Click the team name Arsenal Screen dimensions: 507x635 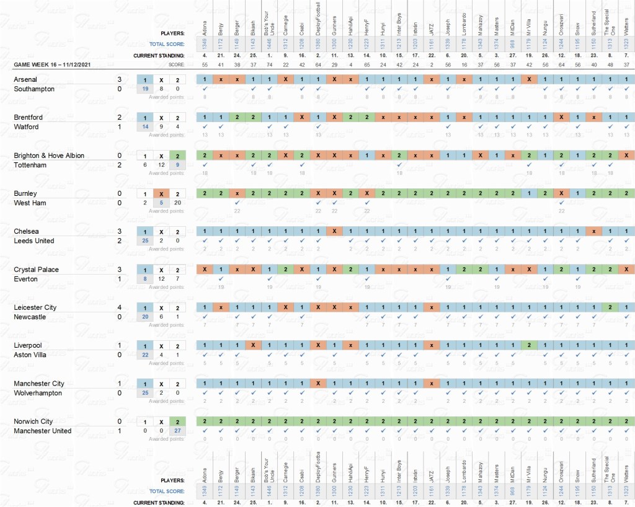point(25,79)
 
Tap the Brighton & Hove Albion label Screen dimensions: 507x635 point(49,156)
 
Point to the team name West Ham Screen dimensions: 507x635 point(30,203)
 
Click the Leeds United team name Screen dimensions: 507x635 point(34,240)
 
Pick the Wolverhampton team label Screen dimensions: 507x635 point(38,392)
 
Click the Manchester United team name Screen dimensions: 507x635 point(43,431)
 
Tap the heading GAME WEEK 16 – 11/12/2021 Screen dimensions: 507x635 point(55,64)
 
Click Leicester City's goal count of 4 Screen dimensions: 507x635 point(119,307)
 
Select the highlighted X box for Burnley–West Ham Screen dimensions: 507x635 point(161,193)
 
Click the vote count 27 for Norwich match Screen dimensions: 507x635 point(177,431)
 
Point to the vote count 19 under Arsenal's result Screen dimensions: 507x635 point(145,89)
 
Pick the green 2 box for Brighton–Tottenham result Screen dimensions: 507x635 point(177,156)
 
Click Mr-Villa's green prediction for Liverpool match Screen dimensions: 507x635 point(528,345)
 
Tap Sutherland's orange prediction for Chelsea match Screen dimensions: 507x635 point(593,231)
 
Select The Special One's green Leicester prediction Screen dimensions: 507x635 point(610,307)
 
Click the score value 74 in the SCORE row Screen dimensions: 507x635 point(269,64)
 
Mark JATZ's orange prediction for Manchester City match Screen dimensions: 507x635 point(431,383)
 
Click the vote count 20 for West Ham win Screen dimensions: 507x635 point(177,203)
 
